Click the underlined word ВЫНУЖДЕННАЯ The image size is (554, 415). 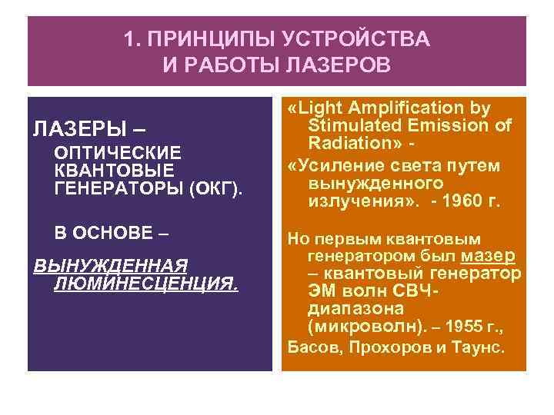[112, 266]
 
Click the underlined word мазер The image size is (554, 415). [489, 254]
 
